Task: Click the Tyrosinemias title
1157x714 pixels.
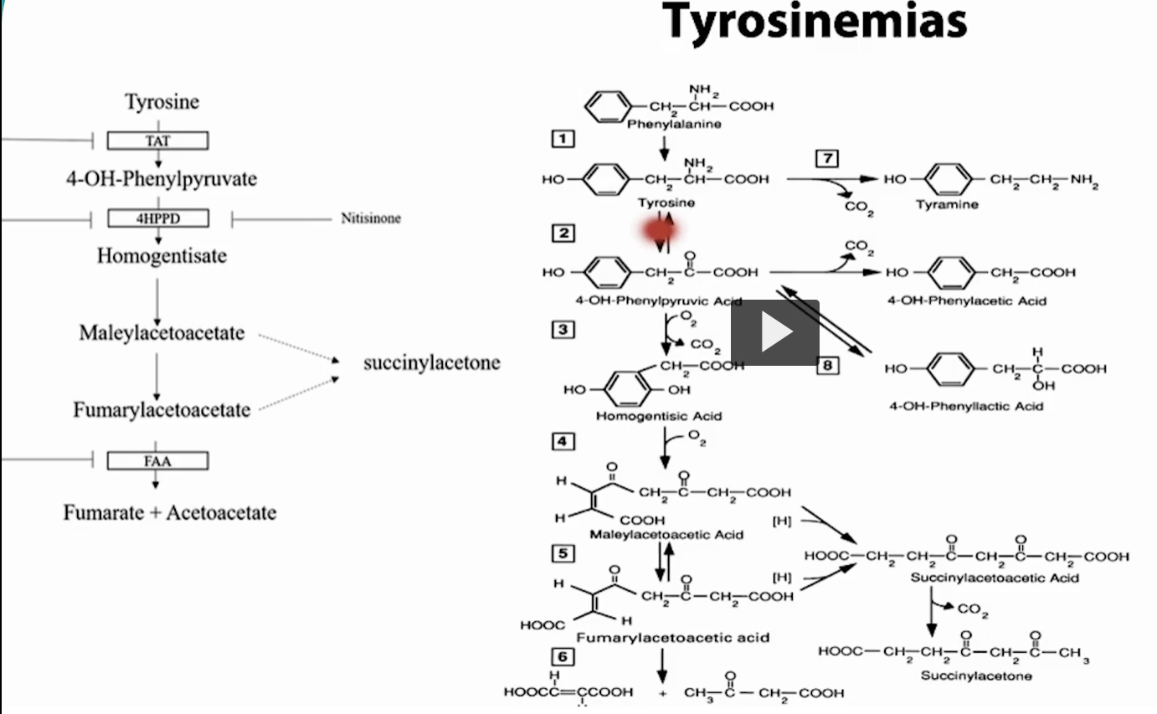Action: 815,23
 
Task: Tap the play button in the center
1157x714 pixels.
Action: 775,332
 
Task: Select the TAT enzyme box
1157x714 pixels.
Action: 157,141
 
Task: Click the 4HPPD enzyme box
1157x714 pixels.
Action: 157,219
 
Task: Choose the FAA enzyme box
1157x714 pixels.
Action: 157,460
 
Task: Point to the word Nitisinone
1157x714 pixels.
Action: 371,218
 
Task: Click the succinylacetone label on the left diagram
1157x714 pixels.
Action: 431,362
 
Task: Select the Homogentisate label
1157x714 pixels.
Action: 162,255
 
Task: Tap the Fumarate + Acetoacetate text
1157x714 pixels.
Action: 170,511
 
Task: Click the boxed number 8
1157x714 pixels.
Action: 828,365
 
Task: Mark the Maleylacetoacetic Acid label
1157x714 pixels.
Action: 666,534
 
